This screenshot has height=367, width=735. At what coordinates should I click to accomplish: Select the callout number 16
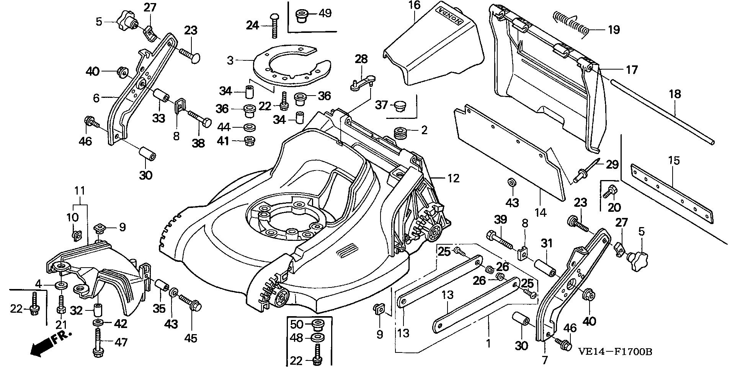[x=414, y=5]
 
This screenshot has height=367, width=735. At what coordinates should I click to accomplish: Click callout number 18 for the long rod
[x=675, y=94]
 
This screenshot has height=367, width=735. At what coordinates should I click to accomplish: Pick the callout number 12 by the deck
[x=453, y=178]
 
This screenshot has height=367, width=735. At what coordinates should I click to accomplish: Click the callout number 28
[x=361, y=59]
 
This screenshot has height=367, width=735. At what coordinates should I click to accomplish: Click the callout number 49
[x=325, y=13]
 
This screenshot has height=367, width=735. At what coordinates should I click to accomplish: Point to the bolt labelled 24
[x=274, y=25]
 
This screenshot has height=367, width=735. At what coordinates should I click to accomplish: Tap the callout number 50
[x=297, y=325]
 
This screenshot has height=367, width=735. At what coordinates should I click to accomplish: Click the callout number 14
[x=541, y=211]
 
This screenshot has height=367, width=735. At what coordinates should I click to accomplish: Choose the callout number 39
[x=501, y=219]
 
